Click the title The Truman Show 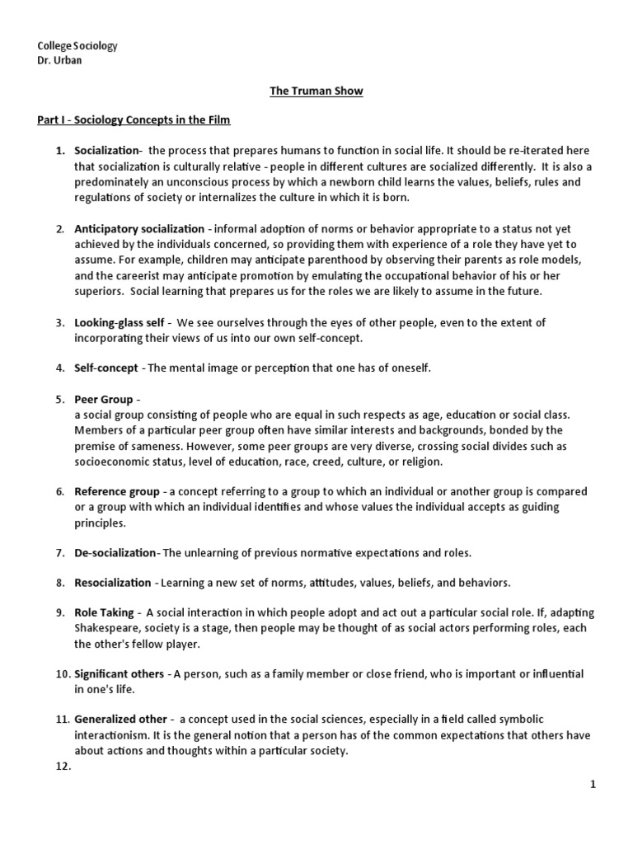(x=316, y=91)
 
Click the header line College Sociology (x=78, y=46)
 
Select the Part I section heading (x=134, y=120)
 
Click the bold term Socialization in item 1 (x=107, y=151)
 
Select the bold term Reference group (x=116, y=491)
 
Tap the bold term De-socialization (x=115, y=551)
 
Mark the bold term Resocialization (x=113, y=583)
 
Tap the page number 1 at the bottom (x=593, y=785)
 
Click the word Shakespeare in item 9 (x=108, y=629)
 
